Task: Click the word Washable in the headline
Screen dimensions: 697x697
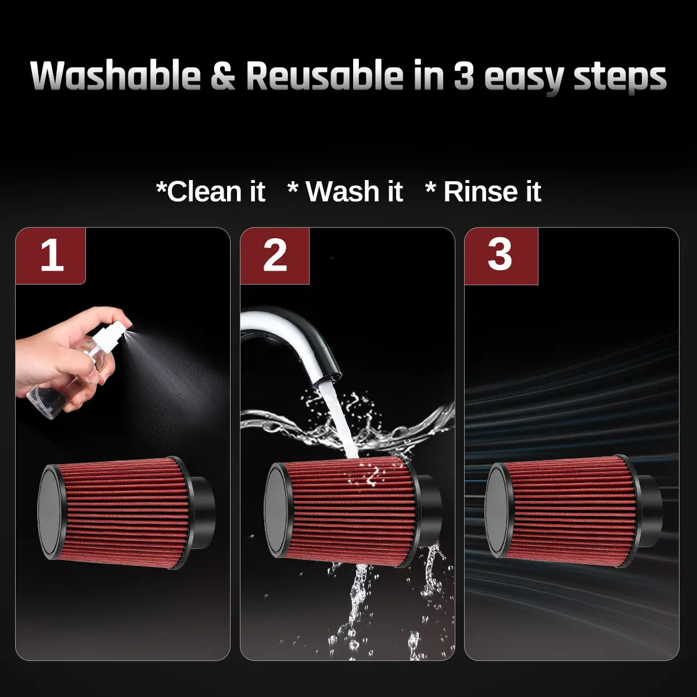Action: pyautogui.click(x=116, y=76)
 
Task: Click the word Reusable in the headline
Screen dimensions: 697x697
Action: pyautogui.click(x=325, y=76)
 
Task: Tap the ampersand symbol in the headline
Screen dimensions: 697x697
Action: pyautogui.click(x=223, y=76)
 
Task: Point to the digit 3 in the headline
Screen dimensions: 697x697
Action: pyautogui.click(x=464, y=76)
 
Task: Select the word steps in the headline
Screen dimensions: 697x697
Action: pyautogui.click(x=620, y=78)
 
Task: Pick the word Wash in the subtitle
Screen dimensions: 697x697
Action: pyautogui.click(x=342, y=191)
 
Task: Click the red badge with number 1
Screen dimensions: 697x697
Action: pyautogui.click(x=51, y=256)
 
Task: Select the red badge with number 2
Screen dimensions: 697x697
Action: pyautogui.click(x=275, y=256)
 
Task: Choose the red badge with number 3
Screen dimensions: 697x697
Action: pyautogui.click(x=501, y=256)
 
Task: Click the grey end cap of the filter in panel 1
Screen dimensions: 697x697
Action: pyautogui.click(x=51, y=513)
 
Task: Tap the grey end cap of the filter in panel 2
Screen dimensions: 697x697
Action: pyautogui.click(x=277, y=512)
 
